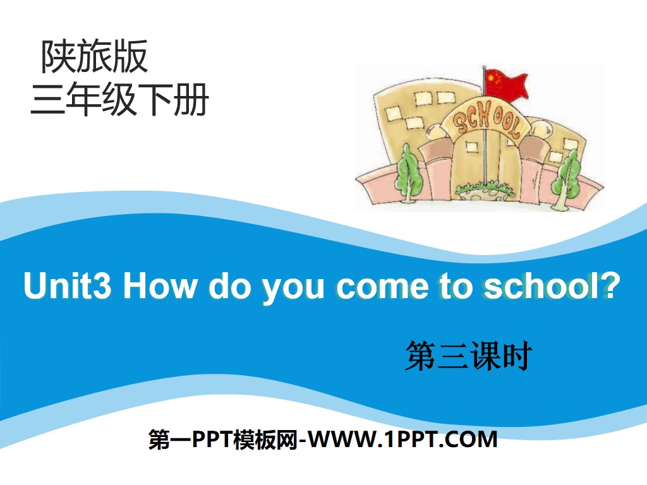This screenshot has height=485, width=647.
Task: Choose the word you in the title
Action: pos(297,287)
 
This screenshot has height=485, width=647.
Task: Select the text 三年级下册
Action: pos(119,101)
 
